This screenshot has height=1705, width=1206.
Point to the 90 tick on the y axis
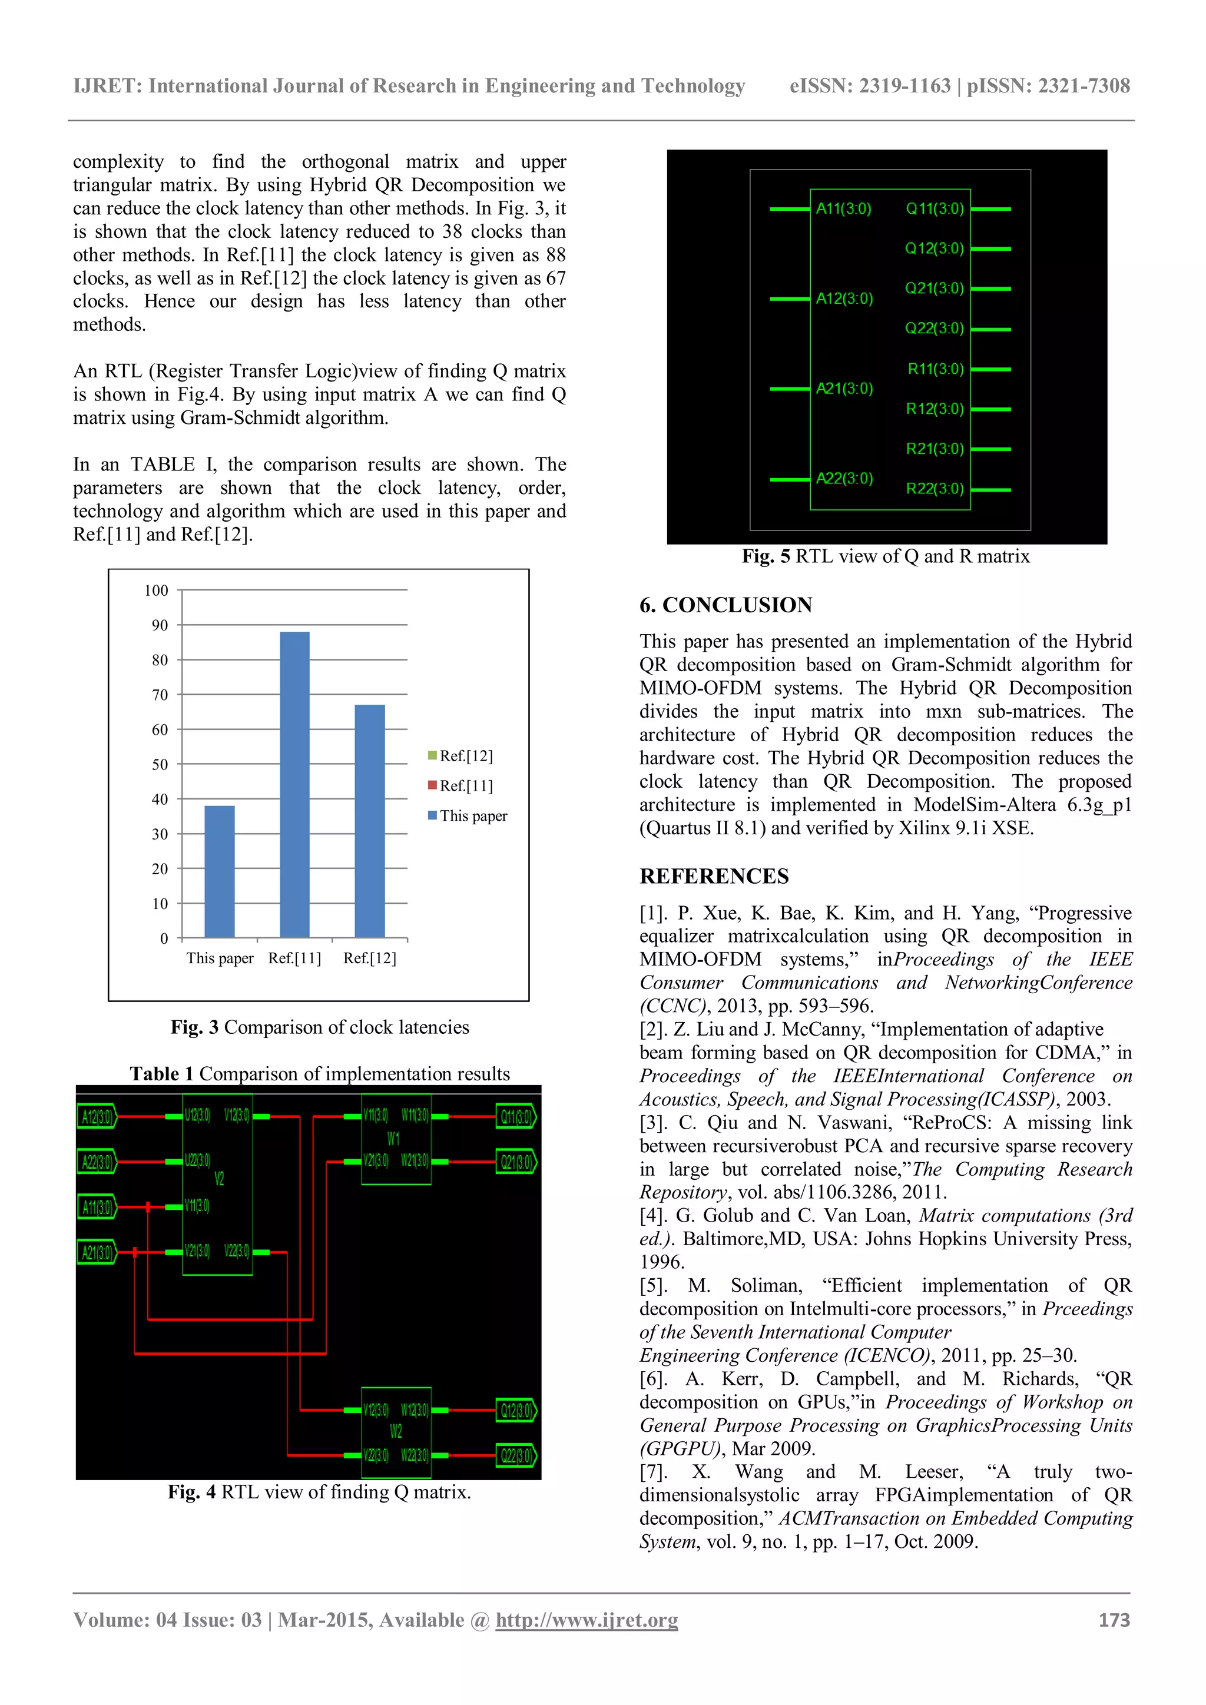[160, 625]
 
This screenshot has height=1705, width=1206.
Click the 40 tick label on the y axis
[160, 799]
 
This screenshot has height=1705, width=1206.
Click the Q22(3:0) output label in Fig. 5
[934, 329]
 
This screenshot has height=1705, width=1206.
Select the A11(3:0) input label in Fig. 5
[844, 208]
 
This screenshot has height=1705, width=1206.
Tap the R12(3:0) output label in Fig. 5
[934, 409]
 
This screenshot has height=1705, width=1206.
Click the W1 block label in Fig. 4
[393, 1139]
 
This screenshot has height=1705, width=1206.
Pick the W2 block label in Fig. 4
[396, 1431]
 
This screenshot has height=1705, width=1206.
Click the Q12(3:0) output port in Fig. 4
[516, 1410]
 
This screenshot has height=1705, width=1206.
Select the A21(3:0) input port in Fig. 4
[97, 1253]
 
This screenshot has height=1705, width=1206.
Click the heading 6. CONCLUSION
[725, 605]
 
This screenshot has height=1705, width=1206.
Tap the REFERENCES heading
[714, 876]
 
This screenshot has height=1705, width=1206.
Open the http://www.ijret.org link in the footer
[587, 1620]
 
